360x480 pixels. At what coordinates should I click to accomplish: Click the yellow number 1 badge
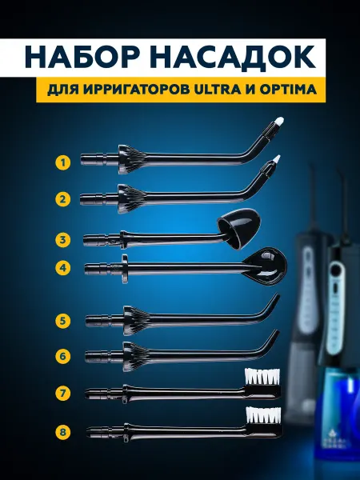63,162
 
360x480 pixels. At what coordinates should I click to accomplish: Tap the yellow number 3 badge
63,239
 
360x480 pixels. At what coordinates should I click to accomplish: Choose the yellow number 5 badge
63,321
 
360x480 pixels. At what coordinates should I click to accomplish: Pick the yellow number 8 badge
63,432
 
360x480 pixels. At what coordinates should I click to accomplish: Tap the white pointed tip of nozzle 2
277,158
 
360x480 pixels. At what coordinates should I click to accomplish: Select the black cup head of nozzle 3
239,227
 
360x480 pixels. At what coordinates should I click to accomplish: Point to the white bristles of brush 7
262,377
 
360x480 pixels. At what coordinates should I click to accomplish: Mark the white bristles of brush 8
263,415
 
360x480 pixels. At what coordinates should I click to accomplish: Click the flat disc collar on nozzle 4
125,268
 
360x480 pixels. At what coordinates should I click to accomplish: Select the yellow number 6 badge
63,356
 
